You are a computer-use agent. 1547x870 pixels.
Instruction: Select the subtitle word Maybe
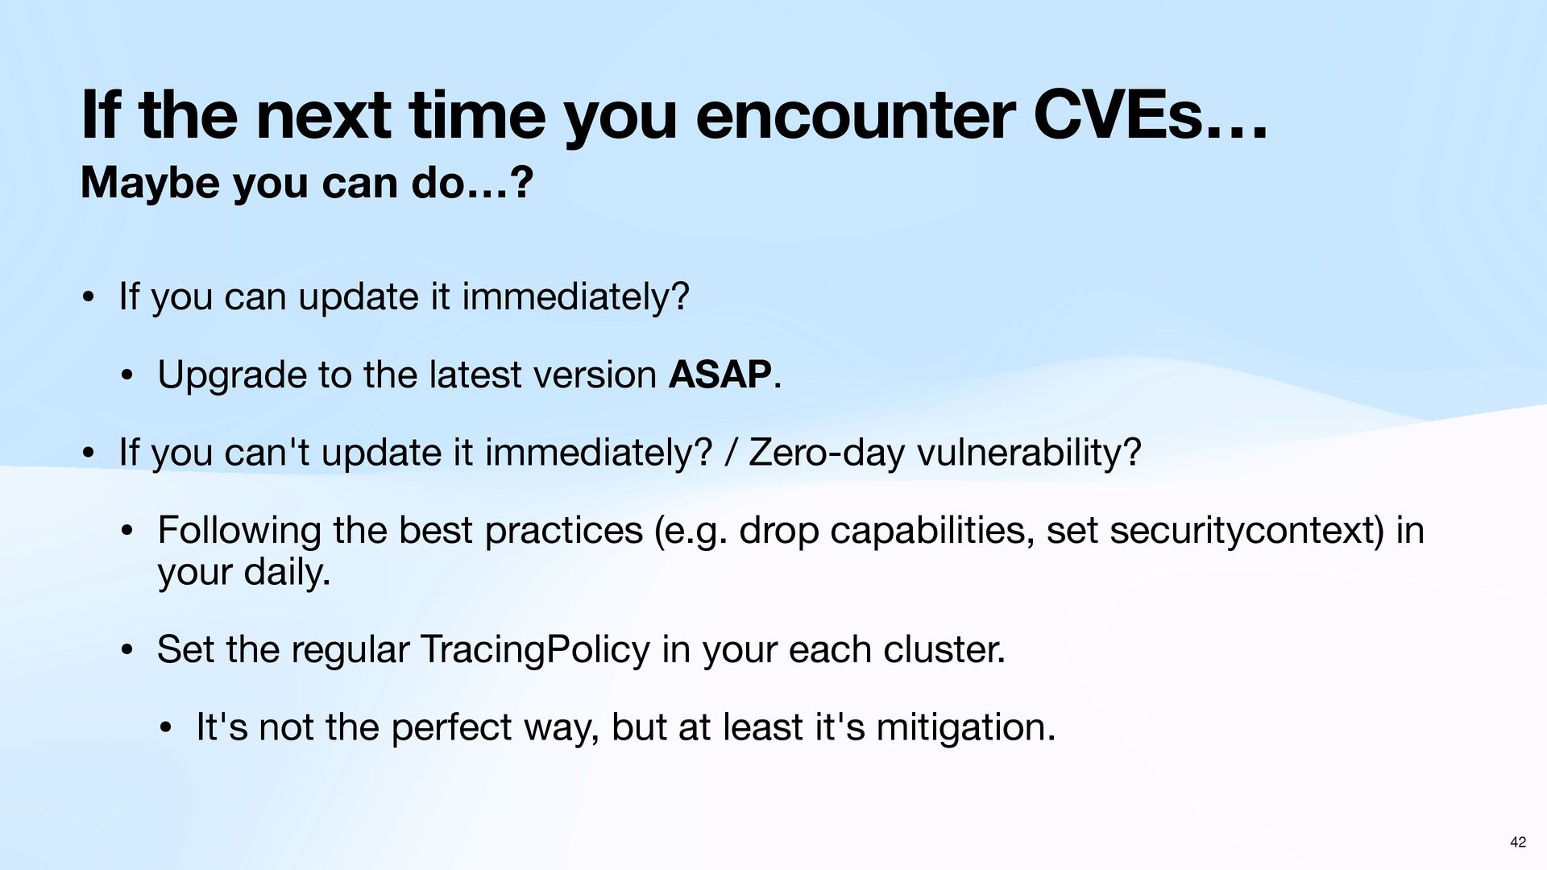click(150, 184)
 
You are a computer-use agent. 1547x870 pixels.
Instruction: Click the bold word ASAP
click(720, 375)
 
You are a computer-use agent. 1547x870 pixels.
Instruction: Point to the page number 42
click(1518, 843)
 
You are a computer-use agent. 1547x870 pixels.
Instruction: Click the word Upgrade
click(232, 376)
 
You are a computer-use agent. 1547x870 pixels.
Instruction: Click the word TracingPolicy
click(535, 650)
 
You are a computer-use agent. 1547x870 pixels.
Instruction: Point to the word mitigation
click(965, 728)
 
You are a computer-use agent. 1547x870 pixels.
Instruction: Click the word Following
click(239, 531)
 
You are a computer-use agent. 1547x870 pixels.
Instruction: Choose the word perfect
click(452, 728)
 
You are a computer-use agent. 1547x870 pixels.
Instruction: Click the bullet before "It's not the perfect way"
click(164, 729)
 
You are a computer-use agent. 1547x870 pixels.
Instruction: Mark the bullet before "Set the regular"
click(126, 651)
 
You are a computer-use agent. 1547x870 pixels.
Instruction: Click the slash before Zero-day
click(731, 453)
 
